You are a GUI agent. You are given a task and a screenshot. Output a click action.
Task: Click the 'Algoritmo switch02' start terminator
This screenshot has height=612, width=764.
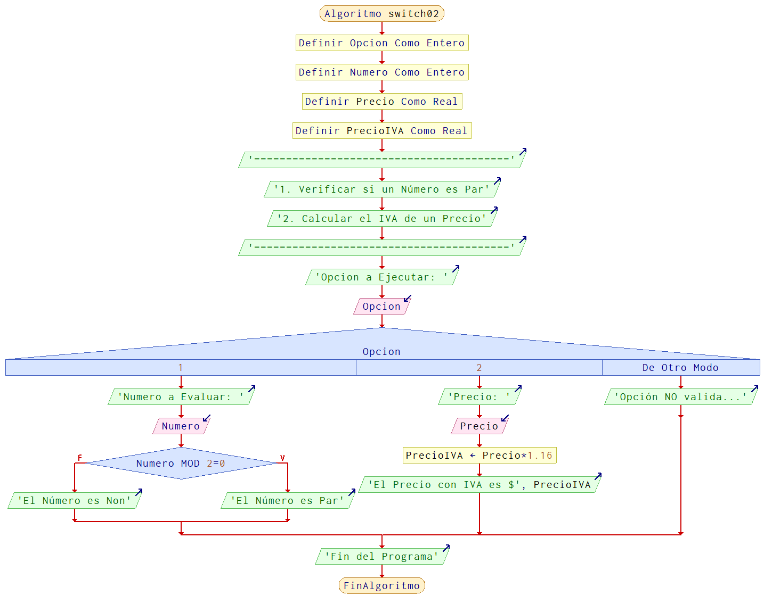(381, 14)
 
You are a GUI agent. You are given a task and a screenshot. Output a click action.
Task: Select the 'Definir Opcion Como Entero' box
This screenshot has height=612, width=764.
(381, 43)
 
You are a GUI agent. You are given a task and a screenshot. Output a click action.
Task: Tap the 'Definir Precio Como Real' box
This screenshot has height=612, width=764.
(381, 102)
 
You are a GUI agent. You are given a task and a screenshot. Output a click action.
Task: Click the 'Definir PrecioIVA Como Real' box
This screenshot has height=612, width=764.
(381, 131)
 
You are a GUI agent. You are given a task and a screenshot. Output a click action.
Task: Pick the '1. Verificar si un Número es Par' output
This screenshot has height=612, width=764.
(381, 189)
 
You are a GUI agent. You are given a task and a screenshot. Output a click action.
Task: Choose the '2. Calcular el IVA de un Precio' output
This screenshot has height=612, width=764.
(381, 219)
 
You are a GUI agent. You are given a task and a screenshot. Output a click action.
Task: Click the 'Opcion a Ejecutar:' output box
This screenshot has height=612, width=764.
(381, 277)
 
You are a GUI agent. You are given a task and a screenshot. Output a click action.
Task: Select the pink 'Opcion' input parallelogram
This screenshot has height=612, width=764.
(381, 307)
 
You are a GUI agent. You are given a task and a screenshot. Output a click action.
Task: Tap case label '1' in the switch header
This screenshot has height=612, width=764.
(181, 368)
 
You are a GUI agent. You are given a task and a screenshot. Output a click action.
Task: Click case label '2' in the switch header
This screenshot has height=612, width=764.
(479, 368)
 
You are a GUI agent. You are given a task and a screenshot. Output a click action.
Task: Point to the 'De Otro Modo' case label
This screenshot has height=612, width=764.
(680, 368)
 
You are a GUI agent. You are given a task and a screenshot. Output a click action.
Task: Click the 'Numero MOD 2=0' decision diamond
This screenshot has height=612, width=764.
(181, 464)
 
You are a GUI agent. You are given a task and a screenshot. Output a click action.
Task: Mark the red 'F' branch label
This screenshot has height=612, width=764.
(80, 458)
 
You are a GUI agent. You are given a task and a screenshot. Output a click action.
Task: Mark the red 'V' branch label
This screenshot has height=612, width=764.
(282, 458)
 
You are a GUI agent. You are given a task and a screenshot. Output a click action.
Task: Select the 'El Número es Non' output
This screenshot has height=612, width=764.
(74, 501)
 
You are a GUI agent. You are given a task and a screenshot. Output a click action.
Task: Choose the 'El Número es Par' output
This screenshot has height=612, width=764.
(287, 501)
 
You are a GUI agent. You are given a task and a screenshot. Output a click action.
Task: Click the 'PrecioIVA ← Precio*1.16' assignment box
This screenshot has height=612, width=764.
(479, 456)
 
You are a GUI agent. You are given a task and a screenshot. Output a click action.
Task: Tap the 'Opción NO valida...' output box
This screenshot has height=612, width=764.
(680, 397)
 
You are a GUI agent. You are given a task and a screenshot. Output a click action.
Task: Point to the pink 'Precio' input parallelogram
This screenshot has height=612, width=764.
(479, 426)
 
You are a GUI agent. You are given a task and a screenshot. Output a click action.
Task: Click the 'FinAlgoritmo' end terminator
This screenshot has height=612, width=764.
(381, 586)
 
